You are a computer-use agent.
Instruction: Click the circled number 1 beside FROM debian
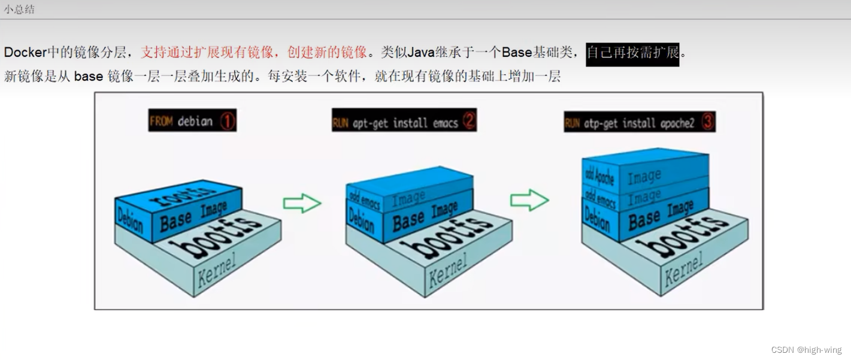click(x=227, y=122)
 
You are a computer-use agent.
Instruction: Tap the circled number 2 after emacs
click(x=468, y=122)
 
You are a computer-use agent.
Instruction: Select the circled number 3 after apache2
click(x=707, y=123)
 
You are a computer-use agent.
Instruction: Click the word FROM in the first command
click(x=161, y=122)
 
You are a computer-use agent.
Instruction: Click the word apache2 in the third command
click(x=677, y=123)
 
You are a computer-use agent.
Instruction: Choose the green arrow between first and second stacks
click(x=302, y=203)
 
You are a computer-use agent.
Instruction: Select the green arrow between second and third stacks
click(x=529, y=199)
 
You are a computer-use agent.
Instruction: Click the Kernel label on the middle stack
click(x=447, y=271)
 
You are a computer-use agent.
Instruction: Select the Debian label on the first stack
click(x=131, y=219)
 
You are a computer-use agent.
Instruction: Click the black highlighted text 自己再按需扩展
click(x=632, y=53)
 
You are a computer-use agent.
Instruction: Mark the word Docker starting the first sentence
click(x=25, y=53)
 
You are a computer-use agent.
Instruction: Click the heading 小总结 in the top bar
click(x=19, y=10)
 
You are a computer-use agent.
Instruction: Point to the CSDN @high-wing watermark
click(x=806, y=350)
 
